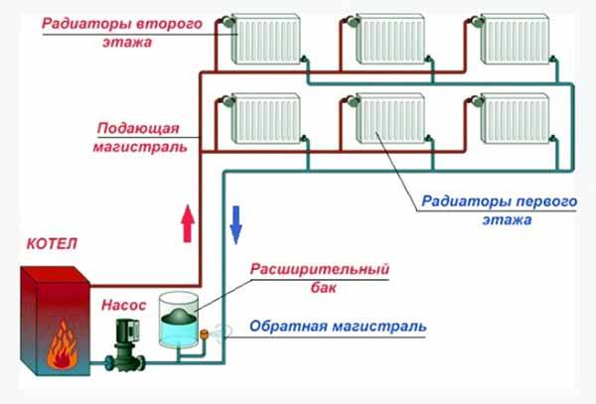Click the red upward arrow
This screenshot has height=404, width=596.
click(186, 221)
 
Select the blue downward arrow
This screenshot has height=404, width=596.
click(236, 223)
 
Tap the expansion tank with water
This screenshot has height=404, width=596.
click(177, 322)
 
